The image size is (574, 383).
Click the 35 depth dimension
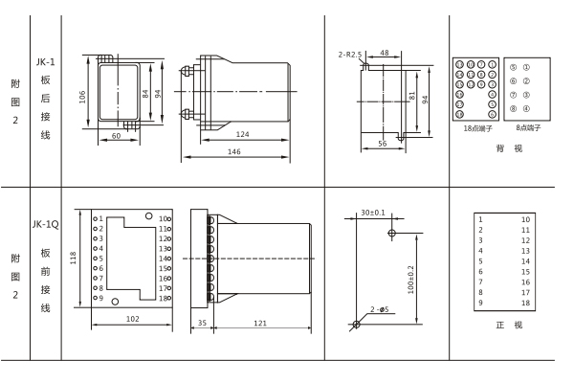coord(201,324)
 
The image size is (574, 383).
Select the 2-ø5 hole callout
coord(380,309)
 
